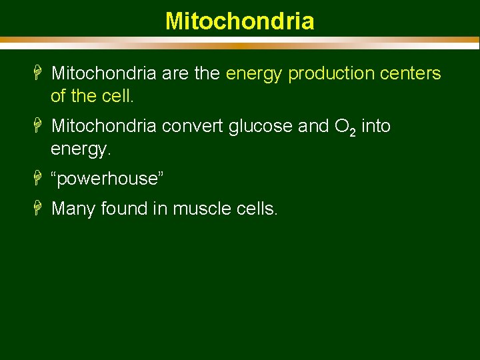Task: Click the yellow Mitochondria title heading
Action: point(239,21)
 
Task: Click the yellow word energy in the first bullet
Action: point(255,74)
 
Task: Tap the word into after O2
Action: point(376,126)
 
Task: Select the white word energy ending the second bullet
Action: point(79,149)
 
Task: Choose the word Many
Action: point(74,209)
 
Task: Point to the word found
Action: point(125,209)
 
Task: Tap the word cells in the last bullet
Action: point(257,209)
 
